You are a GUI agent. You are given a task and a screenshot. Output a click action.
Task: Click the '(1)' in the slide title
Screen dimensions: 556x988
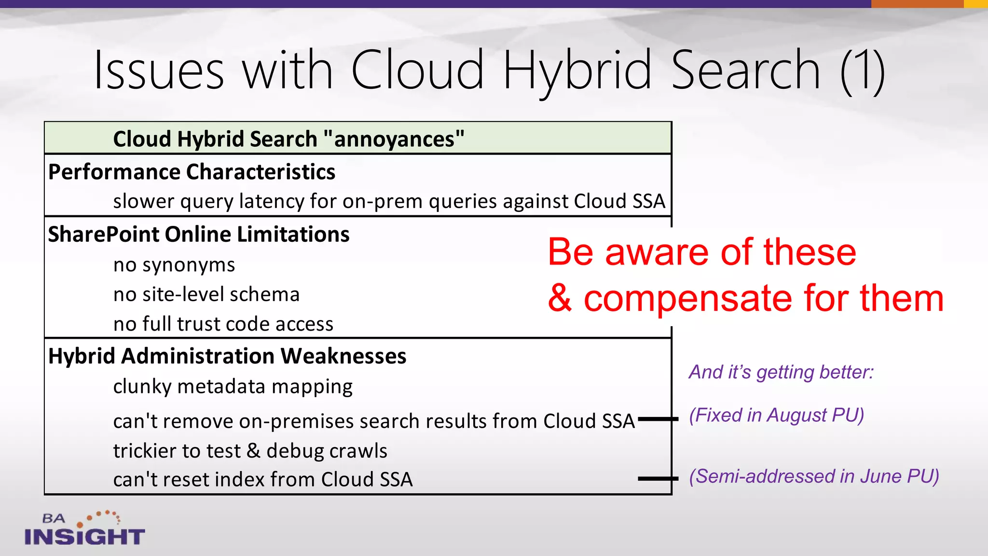pos(862,71)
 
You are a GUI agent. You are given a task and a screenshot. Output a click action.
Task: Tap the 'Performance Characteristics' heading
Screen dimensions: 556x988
pos(192,172)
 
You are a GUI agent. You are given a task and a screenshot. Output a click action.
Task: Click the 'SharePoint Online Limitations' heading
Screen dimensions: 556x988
pos(198,234)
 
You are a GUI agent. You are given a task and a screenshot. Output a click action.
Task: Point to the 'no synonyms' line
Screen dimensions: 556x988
pos(174,265)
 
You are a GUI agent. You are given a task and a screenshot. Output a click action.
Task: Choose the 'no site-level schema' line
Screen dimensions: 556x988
pos(206,294)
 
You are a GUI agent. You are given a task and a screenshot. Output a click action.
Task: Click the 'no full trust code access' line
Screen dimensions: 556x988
pos(223,324)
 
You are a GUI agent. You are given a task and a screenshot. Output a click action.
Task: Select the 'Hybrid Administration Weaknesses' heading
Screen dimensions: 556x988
pos(227,356)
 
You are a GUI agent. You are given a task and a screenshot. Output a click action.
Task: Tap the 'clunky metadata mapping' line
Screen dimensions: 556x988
pos(233,387)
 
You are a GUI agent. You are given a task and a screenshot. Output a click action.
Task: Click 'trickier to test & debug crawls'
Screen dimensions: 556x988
pos(250,451)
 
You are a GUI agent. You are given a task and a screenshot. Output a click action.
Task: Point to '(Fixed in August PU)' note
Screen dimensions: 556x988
pos(776,415)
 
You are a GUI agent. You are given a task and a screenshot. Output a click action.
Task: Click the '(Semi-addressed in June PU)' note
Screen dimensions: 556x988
pos(813,476)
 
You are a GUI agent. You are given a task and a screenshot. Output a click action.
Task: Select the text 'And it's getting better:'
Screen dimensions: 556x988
pos(781,372)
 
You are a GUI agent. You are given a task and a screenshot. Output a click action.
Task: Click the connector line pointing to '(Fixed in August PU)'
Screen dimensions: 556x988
pos(658,419)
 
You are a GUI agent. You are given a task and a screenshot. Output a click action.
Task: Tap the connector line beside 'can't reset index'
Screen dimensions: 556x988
pos(658,479)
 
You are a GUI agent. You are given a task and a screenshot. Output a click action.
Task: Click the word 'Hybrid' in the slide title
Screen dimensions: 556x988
pos(576,71)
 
